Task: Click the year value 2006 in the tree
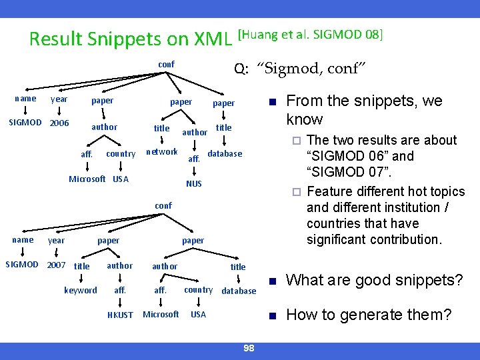point(60,123)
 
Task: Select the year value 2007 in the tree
point(57,265)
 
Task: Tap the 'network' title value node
point(162,152)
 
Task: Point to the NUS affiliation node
point(193,183)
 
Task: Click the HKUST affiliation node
point(120,315)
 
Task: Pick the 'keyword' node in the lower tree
point(81,290)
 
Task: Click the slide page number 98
point(249,348)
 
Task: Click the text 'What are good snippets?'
point(375,281)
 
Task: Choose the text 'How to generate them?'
point(369,315)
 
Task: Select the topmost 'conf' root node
point(166,64)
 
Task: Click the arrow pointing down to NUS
point(193,171)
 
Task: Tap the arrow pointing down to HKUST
point(120,303)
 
